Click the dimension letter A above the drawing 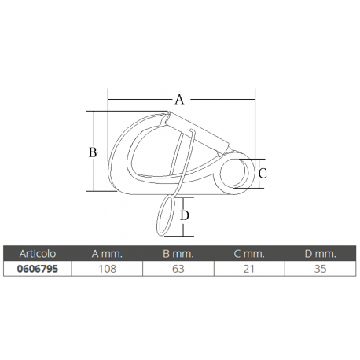179,100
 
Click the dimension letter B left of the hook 92,152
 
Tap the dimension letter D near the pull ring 185,215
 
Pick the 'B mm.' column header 178,253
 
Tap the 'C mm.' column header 249,253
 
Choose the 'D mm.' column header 321,253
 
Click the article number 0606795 35,268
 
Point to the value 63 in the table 178,268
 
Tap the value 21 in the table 249,268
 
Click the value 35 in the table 321,268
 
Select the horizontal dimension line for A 141,100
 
